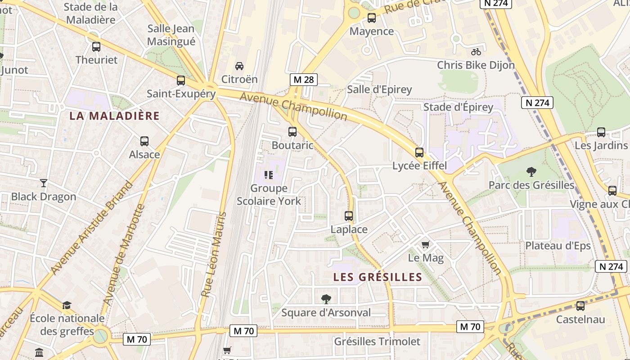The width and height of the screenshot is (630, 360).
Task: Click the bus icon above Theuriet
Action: [x=96, y=47]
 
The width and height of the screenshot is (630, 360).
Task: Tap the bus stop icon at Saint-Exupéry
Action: [x=181, y=81]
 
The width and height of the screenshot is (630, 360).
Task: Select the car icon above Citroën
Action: [x=239, y=66]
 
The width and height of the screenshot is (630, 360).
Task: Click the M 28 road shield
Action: [x=303, y=80]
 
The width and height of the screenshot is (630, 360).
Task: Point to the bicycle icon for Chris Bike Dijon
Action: [x=476, y=52]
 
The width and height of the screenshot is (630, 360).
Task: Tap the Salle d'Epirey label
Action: [x=379, y=90]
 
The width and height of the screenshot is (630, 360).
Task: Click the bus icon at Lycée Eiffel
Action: [x=419, y=153]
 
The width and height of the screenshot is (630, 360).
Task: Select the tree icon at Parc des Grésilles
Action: [x=531, y=172]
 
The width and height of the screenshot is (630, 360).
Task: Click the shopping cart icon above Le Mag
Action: [x=426, y=245]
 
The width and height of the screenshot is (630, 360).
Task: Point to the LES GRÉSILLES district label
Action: [x=378, y=277]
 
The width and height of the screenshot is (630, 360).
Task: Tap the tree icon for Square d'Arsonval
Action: [x=326, y=299]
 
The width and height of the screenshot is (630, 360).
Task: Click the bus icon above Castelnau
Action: [x=580, y=306]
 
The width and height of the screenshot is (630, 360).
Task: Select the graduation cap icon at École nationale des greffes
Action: [x=67, y=306]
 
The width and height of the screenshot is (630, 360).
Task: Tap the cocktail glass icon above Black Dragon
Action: [x=44, y=183]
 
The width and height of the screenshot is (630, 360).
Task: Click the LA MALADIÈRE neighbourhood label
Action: [x=114, y=116]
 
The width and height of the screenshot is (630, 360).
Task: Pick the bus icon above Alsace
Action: [x=144, y=141]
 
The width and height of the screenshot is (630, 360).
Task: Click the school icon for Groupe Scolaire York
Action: [x=269, y=175]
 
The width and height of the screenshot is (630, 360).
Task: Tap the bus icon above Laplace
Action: [x=349, y=216]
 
